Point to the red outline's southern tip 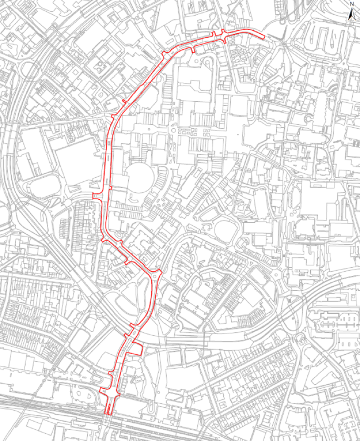(109, 412)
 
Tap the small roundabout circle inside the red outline (156, 275)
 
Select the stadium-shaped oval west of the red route (45, 186)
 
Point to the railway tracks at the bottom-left (54, 421)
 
